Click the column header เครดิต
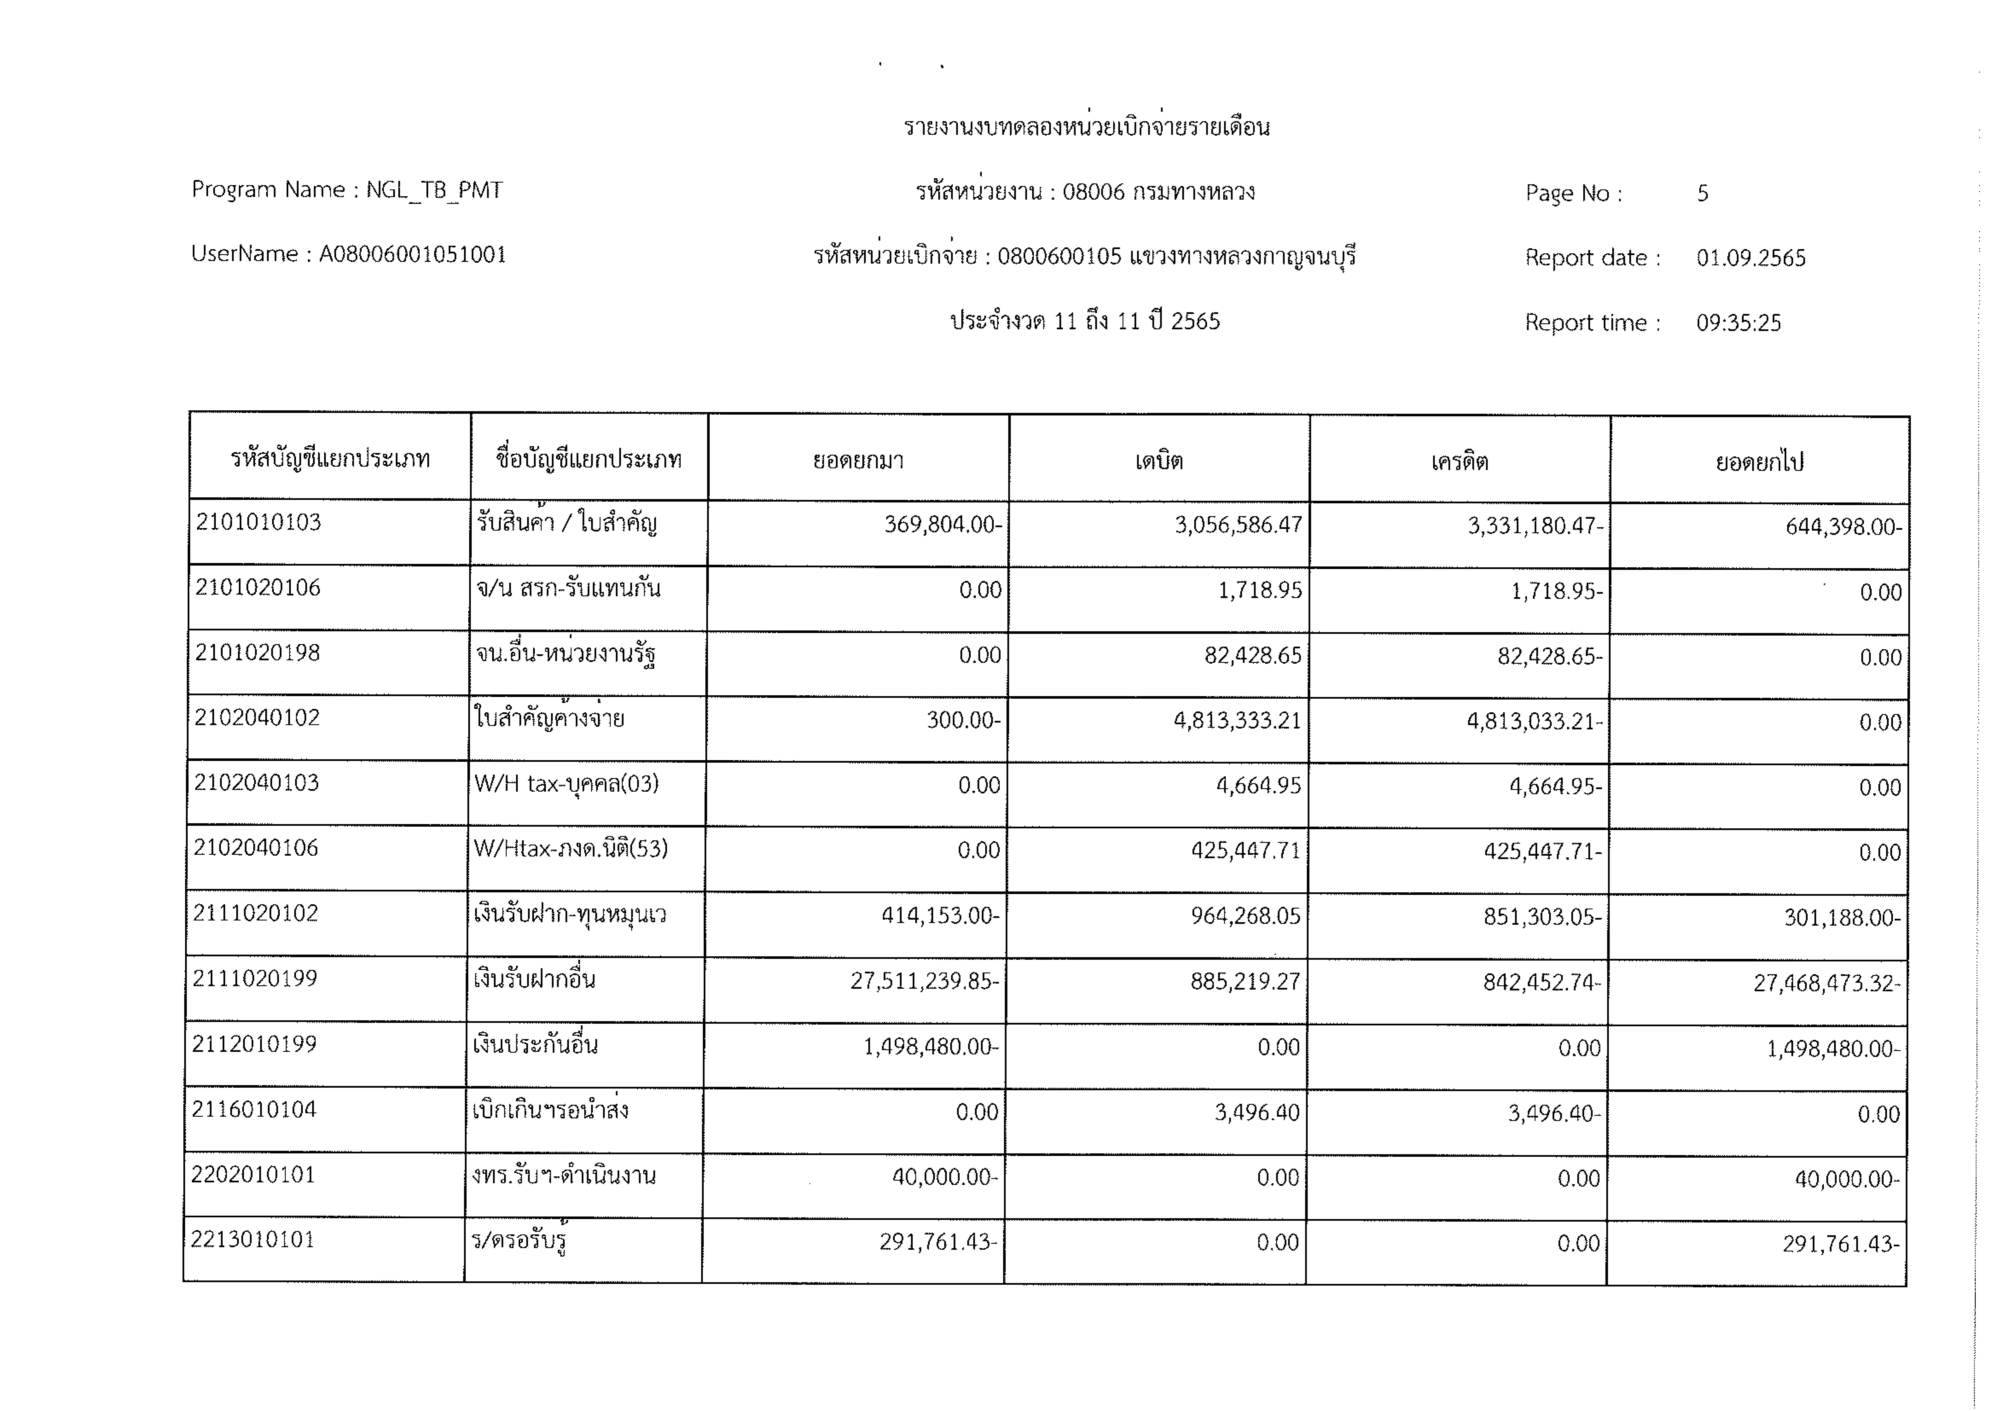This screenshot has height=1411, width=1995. (1460, 461)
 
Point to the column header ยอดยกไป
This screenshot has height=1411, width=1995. (1760, 462)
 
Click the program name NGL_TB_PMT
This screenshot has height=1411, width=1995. (434, 190)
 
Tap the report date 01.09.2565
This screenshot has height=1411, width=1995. (1751, 258)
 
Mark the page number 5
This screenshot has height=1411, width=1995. (1703, 193)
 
